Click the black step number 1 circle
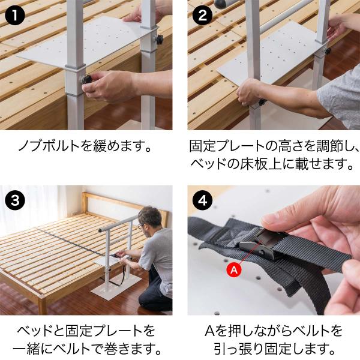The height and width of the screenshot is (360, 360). pyautogui.click(x=14, y=15)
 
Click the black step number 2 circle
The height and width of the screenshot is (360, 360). pyautogui.click(x=202, y=15)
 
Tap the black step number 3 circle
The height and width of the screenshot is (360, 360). pyautogui.click(x=14, y=200)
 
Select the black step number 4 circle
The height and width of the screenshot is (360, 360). pyautogui.click(x=202, y=200)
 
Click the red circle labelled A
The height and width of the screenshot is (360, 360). pyautogui.click(x=234, y=270)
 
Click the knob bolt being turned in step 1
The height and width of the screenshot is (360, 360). pyautogui.click(x=86, y=80)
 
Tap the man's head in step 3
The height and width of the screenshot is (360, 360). pyautogui.click(x=150, y=218)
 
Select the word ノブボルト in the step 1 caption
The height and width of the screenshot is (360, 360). pyautogui.click(x=49, y=146)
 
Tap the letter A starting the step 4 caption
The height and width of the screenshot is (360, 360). pyautogui.click(x=209, y=331)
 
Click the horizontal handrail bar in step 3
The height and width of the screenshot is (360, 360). pyautogui.click(x=118, y=223)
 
